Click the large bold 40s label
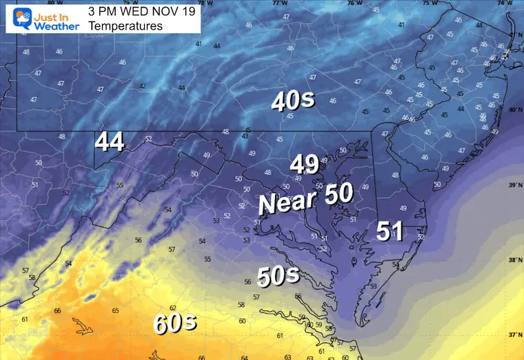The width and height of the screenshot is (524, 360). pos(293,101)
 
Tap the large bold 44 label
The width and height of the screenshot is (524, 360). pos(110,142)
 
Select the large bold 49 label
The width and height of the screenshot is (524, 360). pos(304,164)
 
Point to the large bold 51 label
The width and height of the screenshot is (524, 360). pos(390,232)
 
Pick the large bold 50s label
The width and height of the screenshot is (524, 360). pos(278,276)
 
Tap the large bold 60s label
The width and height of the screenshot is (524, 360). pos(176,322)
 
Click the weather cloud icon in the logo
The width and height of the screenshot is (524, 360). pos(12,17)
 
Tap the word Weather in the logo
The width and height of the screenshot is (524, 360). pos(50,26)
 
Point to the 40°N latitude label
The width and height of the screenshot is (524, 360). pos(513,110)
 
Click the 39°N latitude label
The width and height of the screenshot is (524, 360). pos(513,186)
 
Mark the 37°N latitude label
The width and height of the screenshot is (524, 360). pos(513,335)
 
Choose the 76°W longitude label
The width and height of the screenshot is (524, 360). pos(354,3)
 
